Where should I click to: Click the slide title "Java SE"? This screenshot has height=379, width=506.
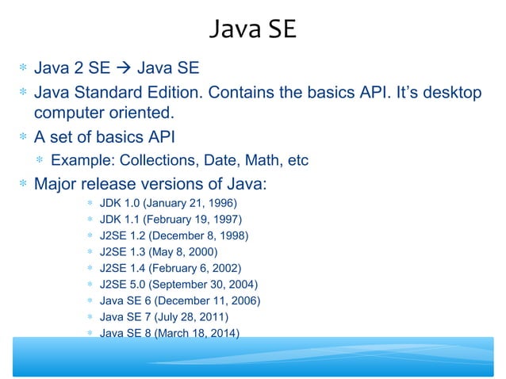tap(252, 29)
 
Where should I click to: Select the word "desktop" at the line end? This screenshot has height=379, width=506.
tap(449, 94)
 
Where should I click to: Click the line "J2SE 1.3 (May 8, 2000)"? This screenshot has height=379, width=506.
tap(155, 252)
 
